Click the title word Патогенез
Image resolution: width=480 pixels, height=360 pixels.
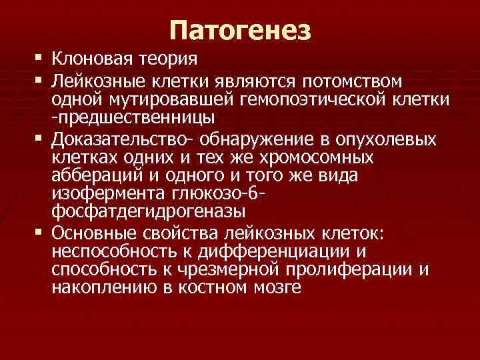pos(240,29)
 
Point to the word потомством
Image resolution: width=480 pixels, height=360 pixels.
pos(353,82)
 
